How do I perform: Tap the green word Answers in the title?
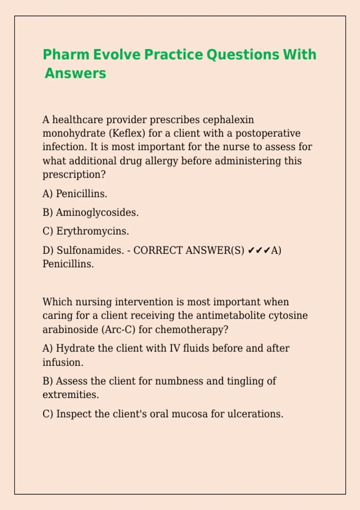click(76, 73)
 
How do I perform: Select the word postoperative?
click(268, 133)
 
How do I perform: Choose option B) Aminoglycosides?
click(91, 212)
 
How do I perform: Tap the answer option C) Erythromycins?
click(86, 231)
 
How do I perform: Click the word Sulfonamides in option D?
click(90, 250)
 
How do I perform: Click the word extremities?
click(70, 395)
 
